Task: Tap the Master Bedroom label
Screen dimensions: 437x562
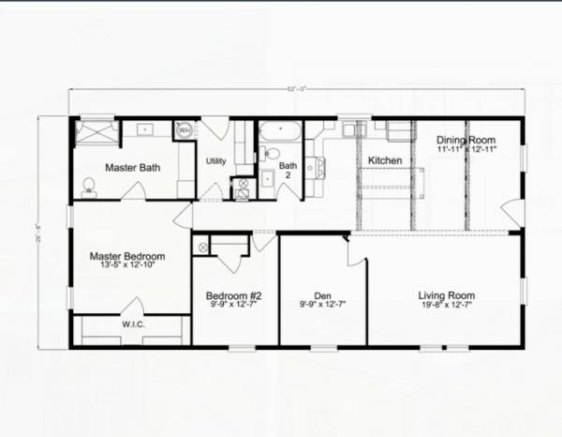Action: (x=127, y=255)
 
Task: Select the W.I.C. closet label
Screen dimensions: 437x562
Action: (x=131, y=325)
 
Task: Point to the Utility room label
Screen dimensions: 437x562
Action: (x=216, y=161)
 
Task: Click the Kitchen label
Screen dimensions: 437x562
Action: (x=384, y=160)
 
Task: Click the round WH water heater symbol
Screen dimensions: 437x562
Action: (x=185, y=130)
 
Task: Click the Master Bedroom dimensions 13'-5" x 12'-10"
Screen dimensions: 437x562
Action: (x=127, y=265)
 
